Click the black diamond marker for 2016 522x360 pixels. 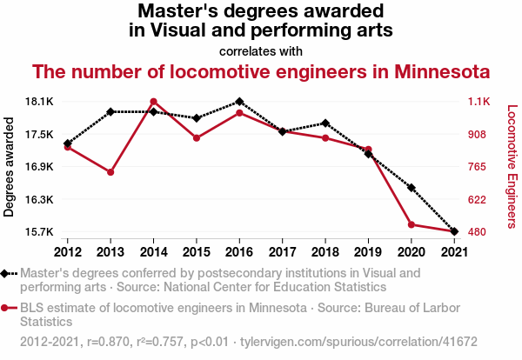[x=239, y=102]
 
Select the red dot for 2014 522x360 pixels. [x=153, y=102]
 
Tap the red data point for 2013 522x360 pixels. [x=110, y=172]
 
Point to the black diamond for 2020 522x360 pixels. [x=411, y=187]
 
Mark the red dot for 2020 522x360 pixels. [x=411, y=224]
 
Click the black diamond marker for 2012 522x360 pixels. [x=68, y=143]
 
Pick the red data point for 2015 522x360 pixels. [x=197, y=138]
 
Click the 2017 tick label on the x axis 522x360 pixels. [x=282, y=252]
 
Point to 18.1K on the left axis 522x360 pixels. [x=39, y=102]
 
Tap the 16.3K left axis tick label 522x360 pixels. [x=39, y=200]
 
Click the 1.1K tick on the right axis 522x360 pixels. [x=480, y=102]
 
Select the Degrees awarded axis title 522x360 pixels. [x=10, y=167]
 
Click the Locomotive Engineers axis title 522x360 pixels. [x=512, y=167]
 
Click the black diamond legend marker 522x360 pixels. [x=7, y=273]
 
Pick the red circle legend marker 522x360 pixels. [x=7, y=307]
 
